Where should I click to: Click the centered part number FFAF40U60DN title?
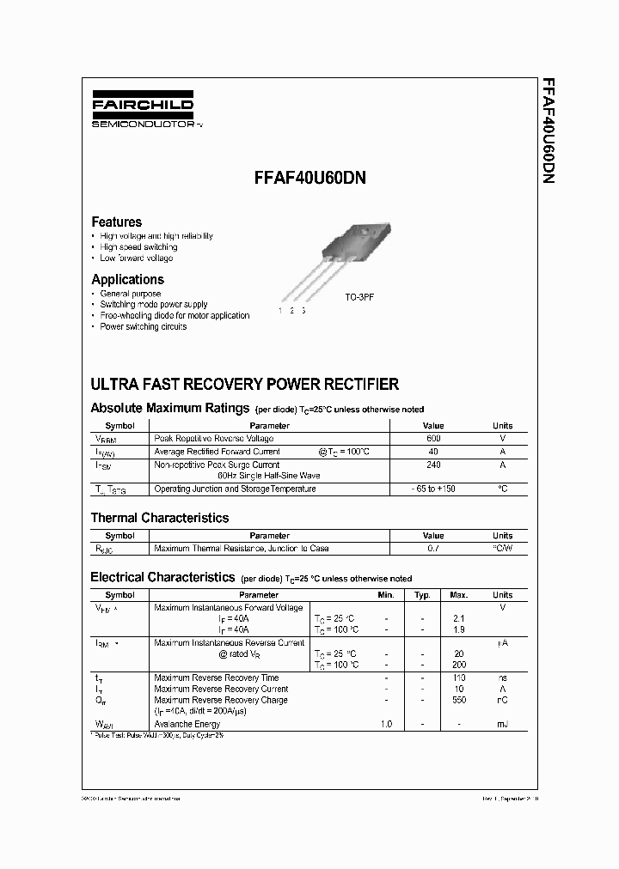(x=309, y=180)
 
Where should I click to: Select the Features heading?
(x=117, y=222)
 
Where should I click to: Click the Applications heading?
(x=127, y=279)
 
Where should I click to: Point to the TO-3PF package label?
(x=360, y=296)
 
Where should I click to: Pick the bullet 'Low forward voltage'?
(x=136, y=258)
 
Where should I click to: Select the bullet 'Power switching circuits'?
(x=143, y=326)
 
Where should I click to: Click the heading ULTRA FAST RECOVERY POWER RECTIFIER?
(x=244, y=384)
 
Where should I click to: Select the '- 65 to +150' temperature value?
(x=433, y=489)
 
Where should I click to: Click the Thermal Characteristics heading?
(x=160, y=518)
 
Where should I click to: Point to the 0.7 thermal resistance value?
(x=433, y=548)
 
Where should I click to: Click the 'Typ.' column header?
(x=422, y=594)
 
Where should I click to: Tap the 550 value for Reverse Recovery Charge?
(x=458, y=700)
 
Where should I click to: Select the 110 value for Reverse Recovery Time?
(x=458, y=678)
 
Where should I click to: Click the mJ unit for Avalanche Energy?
(x=502, y=724)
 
